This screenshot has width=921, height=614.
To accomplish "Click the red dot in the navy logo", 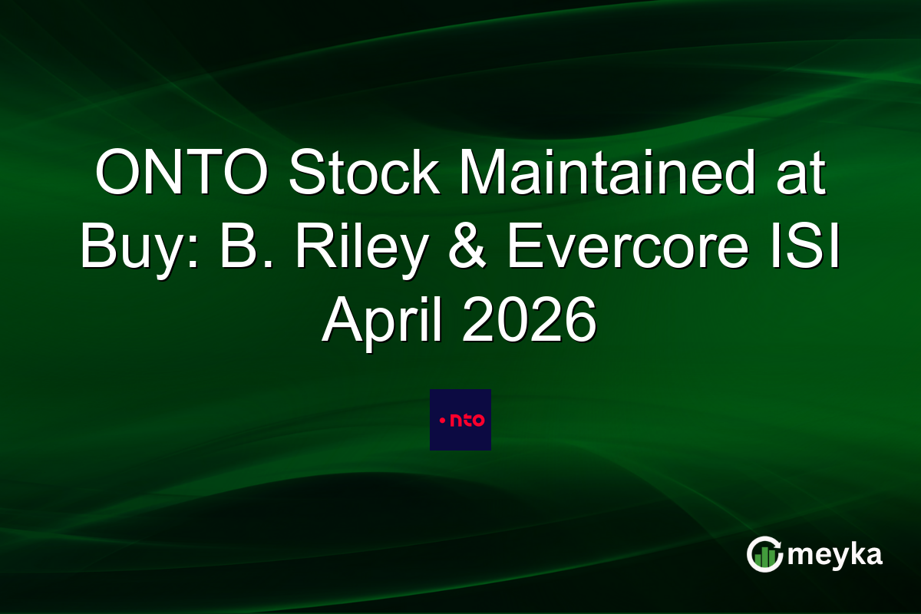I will coord(441,420).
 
